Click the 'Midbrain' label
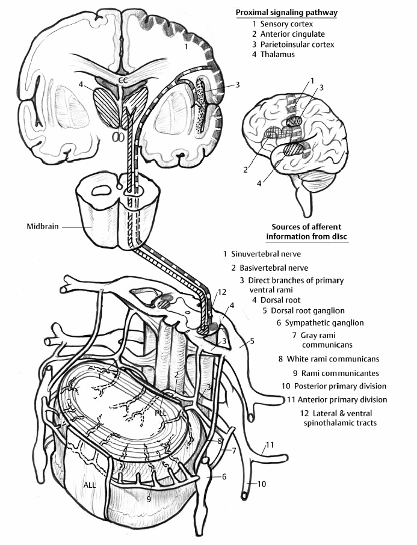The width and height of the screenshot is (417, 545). click(41, 227)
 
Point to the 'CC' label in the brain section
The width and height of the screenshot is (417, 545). click(123, 79)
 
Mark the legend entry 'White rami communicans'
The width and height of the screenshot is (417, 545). click(328, 359)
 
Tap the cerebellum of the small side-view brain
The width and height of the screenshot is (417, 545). click(313, 186)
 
